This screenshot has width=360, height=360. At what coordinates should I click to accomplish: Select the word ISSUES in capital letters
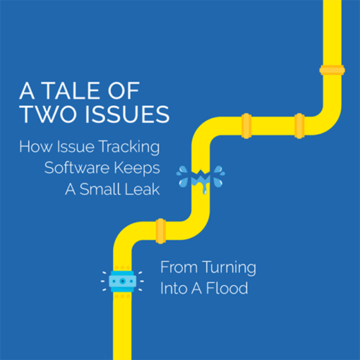tap(127, 114)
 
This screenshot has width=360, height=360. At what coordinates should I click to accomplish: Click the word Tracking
tap(130, 148)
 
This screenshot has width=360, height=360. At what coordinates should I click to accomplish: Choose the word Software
tap(77, 168)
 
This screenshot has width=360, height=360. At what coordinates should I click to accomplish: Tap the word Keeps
tap(137, 168)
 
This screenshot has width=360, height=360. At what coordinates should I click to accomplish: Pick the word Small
tap(100, 189)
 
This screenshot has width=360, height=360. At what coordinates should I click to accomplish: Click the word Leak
tap(143, 189)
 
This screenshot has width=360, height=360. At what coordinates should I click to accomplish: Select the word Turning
tap(229, 268)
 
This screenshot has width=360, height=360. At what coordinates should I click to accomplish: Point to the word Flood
tap(227, 288)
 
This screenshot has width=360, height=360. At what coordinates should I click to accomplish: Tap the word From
tap(179, 267)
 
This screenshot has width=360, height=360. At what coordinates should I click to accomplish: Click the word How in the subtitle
tap(36, 146)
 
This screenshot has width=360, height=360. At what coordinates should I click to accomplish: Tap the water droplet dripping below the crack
tap(204, 191)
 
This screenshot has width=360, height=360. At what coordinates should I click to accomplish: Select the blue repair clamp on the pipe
tap(122, 282)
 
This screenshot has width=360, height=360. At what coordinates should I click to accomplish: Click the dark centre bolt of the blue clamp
tap(122, 282)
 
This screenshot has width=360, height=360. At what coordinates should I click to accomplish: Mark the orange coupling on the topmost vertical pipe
tap(332, 70)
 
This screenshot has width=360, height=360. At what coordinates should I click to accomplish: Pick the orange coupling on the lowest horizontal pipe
tap(161, 231)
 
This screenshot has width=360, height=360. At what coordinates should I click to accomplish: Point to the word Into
tap(174, 288)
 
